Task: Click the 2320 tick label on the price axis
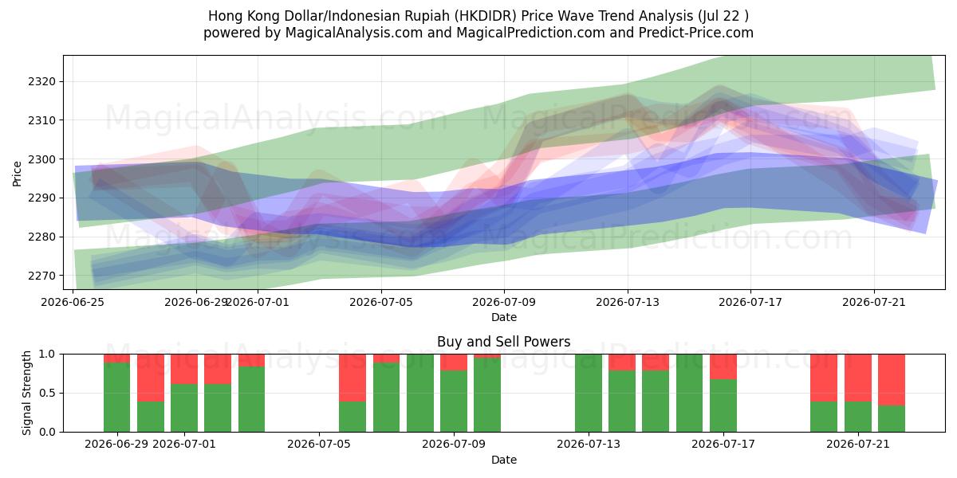(41, 81)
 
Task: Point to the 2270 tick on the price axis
(41, 276)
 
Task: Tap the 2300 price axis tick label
(41, 159)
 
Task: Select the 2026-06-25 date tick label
(73, 302)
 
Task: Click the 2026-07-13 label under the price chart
(628, 302)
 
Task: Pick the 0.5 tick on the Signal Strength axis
(47, 393)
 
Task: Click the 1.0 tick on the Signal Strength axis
(47, 354)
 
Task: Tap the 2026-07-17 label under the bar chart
(723, 444)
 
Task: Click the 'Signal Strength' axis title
(26, 393)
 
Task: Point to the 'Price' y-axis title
(17, 174)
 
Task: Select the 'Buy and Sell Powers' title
(504, 342)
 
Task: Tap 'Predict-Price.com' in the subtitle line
(696, 33)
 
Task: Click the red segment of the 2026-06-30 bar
(151, 378)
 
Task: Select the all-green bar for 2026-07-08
(420, 393)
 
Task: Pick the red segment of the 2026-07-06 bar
(352, 378)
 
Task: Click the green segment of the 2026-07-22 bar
(892, 419)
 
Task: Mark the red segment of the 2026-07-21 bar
(858, 378)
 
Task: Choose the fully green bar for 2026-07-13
(589, 393)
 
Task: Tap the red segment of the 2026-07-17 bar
(723, 366)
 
